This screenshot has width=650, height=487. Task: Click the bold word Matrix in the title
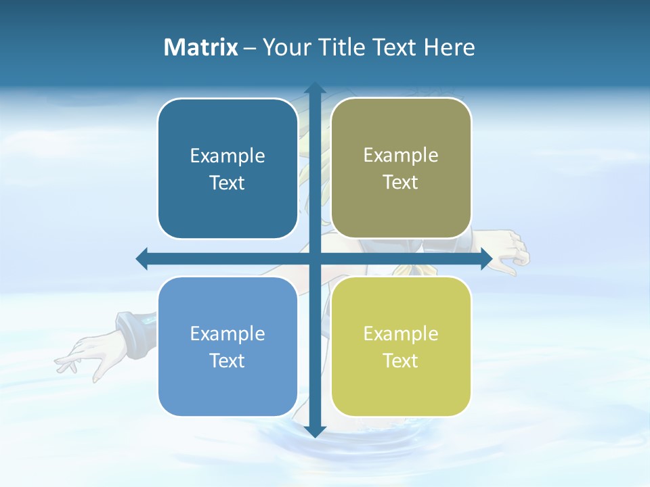tap(201, 47)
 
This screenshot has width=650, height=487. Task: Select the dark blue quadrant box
tap(227, 168)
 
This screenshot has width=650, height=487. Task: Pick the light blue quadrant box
tap(227, 346)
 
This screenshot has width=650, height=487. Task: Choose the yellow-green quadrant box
tap(401, 346)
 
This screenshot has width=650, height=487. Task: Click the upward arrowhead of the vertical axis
tap(314, 89)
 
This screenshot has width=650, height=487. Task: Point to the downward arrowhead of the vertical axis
tap(314, 431)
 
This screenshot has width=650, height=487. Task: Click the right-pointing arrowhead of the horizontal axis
tap(485, 258)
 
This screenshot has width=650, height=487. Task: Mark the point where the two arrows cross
tap(314, 258)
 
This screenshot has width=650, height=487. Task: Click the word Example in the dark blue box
tap(227, 156)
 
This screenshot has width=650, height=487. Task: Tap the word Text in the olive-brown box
tap(401, 182)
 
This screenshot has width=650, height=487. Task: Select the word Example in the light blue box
tap(227, 333)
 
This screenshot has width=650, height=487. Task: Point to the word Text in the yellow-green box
tap(401, 361)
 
